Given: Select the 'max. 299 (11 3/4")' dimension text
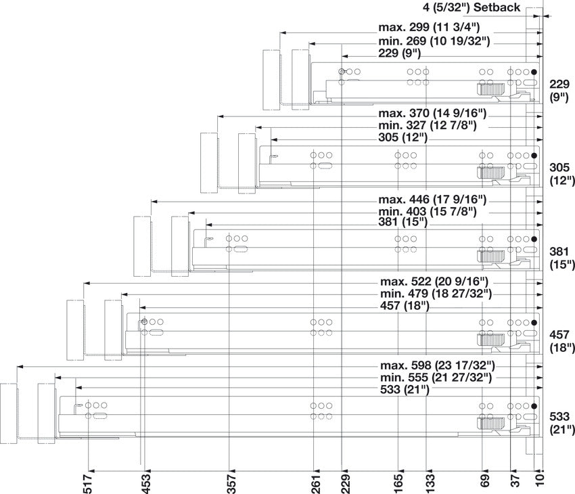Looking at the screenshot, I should click(x=429, y=28).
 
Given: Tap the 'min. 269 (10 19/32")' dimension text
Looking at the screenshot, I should click(x=434, y=41).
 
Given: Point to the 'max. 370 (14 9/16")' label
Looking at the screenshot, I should click(x=433, y=112).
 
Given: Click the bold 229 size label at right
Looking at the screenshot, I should click(x=559, y=84).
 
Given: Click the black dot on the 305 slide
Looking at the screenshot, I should click(x=534, y=156).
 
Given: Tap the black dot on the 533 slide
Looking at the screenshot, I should click(x=534, y=406).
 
